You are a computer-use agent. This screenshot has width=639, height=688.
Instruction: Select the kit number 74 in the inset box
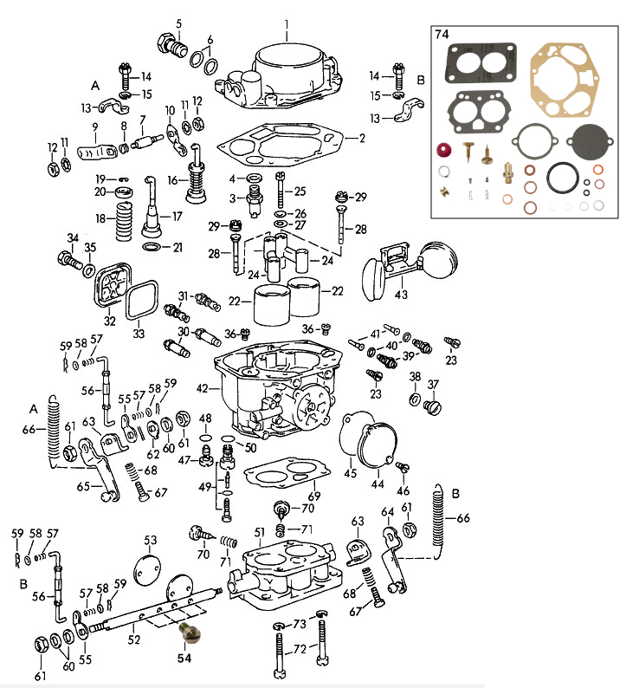tap(442, 36)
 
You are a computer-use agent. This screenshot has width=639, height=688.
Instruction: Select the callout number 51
tap(258, 531)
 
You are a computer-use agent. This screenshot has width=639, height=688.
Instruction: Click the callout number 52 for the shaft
tap(133, 639)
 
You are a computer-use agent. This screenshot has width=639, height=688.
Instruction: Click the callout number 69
tap(314, 496)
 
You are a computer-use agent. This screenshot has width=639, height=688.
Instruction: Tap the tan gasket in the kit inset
tap(565, 79)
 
